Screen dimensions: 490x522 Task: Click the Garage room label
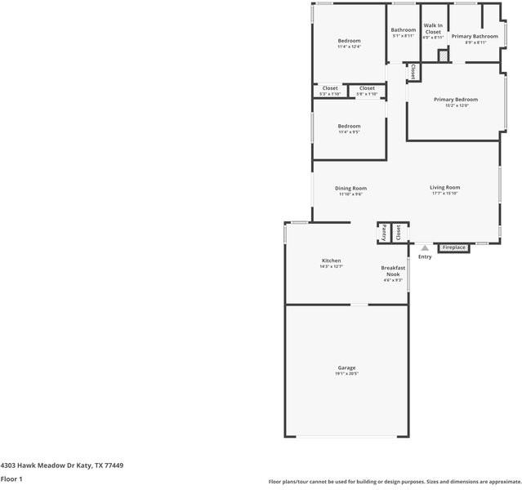(x=346, y=367)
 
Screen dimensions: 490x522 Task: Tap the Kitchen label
(x=331, y=261)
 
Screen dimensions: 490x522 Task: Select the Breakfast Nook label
(x=393, y=271)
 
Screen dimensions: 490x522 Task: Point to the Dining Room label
(x=350, y=188)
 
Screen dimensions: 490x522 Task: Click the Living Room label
(x=445, y=187)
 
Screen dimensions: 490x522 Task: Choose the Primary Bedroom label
(x=455, y=100)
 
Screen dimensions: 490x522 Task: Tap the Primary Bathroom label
(x=475, y=36)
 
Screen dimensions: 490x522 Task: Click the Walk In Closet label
(x=433, y=29)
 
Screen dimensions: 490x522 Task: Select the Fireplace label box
(x=454, y=247)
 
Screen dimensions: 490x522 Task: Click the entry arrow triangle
(x=425, y=247)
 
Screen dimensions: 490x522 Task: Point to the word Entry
(x=425, y=257)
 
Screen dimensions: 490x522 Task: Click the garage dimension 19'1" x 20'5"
(x=346, y=374)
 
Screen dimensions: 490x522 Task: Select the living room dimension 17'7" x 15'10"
(x=445, y=194)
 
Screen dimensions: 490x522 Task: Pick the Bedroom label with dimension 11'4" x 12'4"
(x=349, y=40)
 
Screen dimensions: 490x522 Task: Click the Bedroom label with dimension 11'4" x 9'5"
(x=349, y=126)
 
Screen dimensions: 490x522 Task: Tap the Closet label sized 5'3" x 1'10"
(x=330, y=88)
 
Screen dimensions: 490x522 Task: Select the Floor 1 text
(x=11, y=479)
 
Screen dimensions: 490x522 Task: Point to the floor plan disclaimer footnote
(x=394, y=482)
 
